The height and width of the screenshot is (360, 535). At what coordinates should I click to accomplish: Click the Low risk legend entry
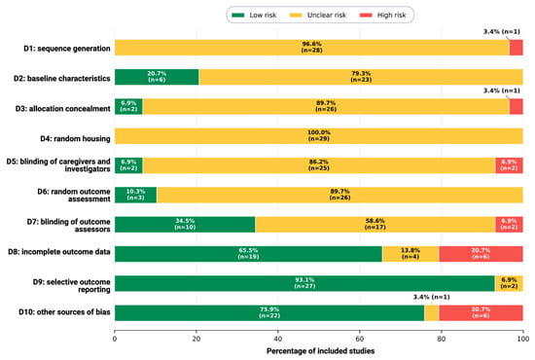click(254, 15)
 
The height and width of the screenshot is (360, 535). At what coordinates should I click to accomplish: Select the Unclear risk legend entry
click(318, 15)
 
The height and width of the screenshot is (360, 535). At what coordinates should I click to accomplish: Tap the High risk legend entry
click(383, 15)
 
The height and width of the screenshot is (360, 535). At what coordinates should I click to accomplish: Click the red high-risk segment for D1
click(517, 48)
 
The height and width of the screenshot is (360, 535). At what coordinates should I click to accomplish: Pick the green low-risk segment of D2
click(157, 77)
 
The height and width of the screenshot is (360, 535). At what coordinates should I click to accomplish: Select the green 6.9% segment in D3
click(128, 106)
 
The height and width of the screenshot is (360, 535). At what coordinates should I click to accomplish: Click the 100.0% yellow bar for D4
click(319, 136)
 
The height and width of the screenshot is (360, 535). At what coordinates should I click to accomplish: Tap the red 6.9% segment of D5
click(509, 165)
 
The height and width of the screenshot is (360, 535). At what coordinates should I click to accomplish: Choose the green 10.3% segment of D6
click(136, 195)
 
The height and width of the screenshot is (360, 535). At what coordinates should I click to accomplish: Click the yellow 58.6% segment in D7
click(374, 224)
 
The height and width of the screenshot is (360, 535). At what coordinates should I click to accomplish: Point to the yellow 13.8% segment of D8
click(410, 254)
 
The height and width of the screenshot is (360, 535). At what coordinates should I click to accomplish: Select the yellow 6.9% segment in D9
click(509, 283)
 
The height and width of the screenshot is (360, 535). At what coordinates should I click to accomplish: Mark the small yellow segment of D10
click(432, 313)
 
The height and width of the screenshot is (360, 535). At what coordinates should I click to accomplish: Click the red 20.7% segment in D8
click(481, 254)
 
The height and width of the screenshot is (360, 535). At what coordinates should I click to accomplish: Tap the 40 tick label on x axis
click(278, 339)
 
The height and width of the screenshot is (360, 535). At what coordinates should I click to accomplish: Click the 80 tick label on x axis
click(442, 339)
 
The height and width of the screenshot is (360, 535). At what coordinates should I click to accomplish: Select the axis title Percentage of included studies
click(320, 351)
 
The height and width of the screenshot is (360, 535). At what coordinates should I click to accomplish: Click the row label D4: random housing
click(76, 138)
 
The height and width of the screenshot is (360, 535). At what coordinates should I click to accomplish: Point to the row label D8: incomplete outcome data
click(59, 252)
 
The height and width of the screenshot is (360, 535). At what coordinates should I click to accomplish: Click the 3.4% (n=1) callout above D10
click(431, 297)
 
